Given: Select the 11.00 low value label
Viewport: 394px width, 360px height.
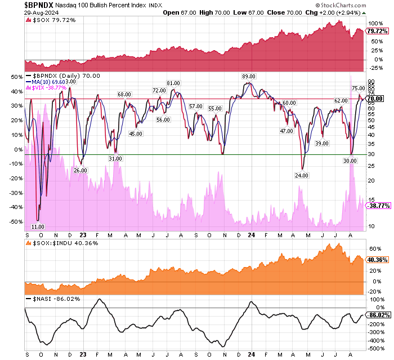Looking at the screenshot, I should [38, 226].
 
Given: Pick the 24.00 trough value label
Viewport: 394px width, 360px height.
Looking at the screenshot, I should [303, 175].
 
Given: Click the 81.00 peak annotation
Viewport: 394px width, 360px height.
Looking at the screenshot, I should [173, 83].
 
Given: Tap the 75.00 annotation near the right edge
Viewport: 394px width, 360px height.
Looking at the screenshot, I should [359, 88].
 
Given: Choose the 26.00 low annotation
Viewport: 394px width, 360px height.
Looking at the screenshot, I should [80, 170].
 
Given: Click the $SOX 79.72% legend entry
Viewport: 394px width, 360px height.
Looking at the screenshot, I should [50, 20].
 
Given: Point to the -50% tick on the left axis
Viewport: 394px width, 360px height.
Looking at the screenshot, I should [17, 221].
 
